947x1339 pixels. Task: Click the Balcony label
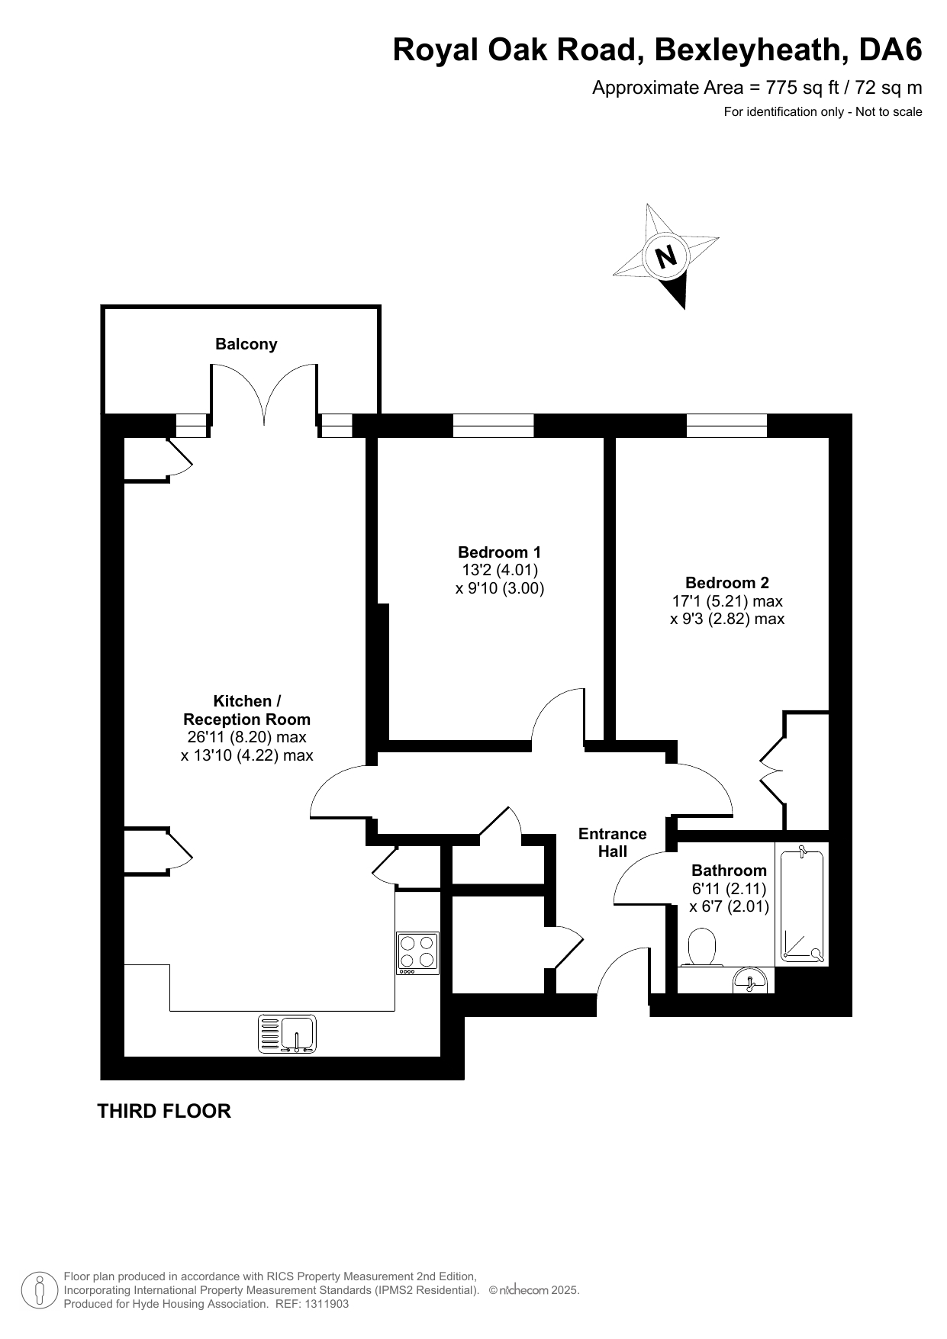(x=246, y=344)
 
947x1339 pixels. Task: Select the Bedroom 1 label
(x=499, y=552)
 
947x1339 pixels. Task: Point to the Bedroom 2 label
(x=726, y=583)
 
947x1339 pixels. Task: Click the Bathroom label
(x=729, y=871)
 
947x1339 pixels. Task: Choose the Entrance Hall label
(x=613, y=842)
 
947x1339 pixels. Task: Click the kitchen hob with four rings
(x=417, y=953)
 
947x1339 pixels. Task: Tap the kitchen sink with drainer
(x=288, y=1034)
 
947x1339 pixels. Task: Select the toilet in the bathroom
(x=701, y=948)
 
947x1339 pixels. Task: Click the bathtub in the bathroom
(x=801, y=904)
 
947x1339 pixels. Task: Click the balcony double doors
(x=264, y=394)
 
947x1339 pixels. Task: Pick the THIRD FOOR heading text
(x=164, y=1111)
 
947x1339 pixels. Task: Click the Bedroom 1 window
(x=493, y=426)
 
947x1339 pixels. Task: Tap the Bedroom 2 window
(x=726, y=426)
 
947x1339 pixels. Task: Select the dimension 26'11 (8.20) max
(x=246, y=737)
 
